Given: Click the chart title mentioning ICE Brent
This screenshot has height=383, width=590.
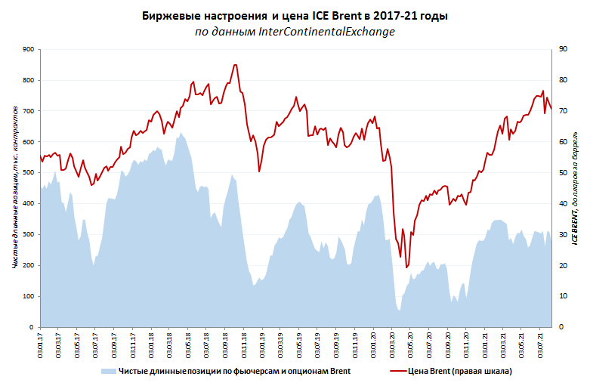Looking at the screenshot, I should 295,16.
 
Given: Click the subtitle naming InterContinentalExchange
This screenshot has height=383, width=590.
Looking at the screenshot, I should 295,32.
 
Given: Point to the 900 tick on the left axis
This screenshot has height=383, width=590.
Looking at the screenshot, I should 29,49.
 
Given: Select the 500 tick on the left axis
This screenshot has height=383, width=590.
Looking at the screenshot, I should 29,173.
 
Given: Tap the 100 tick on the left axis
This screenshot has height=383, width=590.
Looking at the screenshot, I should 29,297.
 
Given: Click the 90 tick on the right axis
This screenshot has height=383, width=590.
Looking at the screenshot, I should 563,49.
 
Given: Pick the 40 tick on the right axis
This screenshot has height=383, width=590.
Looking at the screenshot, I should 563,204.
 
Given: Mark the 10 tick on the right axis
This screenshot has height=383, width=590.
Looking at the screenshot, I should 563,297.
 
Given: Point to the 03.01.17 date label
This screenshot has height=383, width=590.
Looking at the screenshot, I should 40,341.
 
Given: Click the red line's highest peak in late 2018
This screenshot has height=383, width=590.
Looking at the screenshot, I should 235,65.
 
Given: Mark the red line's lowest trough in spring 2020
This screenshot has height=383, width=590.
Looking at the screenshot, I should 406,267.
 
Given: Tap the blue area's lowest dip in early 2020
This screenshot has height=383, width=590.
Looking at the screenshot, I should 399,310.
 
